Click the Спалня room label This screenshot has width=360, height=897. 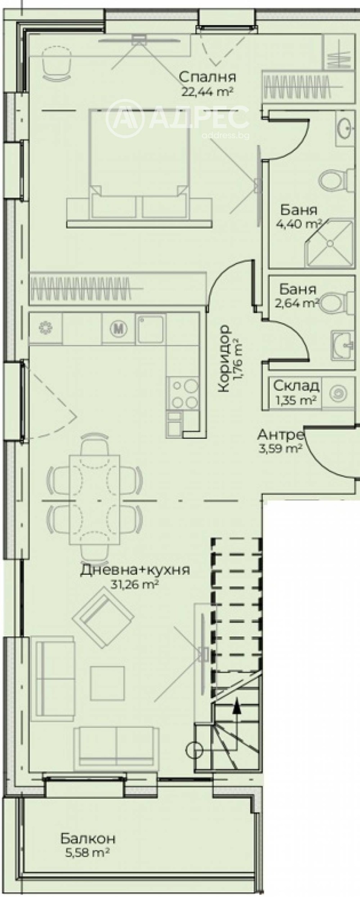pyautogui.click(x=207, y=77)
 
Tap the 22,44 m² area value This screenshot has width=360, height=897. pyautogui.click(x=207, y=92)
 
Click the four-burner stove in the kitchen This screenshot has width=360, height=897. pyautogui.click(x=182, y=394)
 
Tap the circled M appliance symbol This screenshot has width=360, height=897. pyautogui.click(x=118, y=329)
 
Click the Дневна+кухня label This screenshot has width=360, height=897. pyautogui.click(x=135, y=570)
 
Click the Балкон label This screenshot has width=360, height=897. pyautogui.click(x=88, y=826)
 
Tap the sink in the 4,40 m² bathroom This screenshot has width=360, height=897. pyautogui.click(x=346, y=128)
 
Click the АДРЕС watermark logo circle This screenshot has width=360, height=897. pyautogui.click(x=124, y=118)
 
